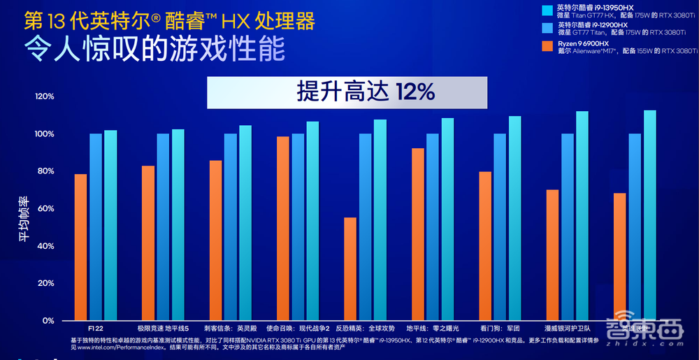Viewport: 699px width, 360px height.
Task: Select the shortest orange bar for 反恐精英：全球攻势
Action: click(x=349, y=268)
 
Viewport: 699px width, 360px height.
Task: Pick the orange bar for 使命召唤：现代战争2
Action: click(x=282, y=228)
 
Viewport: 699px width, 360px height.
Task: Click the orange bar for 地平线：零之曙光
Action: click(x=417, y=234)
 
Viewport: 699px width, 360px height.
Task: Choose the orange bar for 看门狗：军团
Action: click(x=485, y=245)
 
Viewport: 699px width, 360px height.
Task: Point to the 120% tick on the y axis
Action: click(x=44, y=96)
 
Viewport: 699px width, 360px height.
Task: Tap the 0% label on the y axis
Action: click(x=48, y=321)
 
